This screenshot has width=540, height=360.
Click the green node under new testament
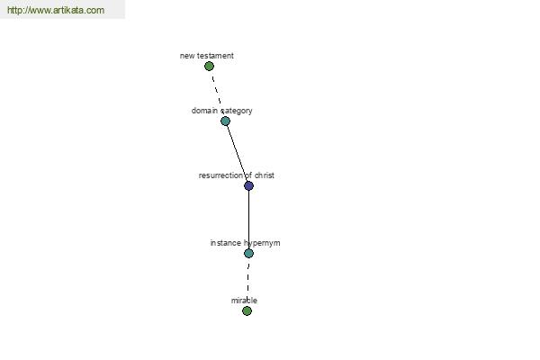(x=209, y=66)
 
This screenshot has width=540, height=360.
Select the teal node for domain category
(x=225, y=121)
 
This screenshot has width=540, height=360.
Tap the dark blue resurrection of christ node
(x=248, y=186)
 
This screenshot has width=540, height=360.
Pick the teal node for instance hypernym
(x=248, y=253)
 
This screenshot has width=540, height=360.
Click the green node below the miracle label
(x=247, y=311)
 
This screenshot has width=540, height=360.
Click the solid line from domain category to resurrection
(x=237, y=153)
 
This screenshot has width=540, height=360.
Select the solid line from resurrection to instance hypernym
(x=248, y=220)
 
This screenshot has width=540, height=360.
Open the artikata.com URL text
(x=56, y=10)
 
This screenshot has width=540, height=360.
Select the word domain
(x=204, y=111)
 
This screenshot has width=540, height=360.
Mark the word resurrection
(x=220, y=175)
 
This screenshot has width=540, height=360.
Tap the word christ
(x=265, y=175)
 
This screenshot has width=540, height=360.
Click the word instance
(x=226, y=243)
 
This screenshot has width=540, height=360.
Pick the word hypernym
(x=262, y=243)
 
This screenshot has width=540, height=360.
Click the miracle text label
(x=244, y=301)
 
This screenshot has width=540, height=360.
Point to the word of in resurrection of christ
(x=248, y=175)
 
